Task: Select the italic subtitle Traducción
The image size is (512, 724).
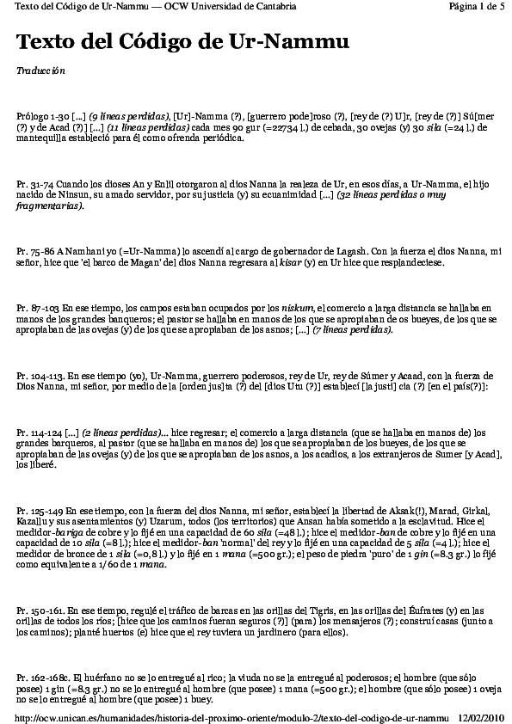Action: [x=40, y=71]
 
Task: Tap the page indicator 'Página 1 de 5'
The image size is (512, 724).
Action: [x=477, y=6]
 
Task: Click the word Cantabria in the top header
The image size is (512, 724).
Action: [x=271, y=6]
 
